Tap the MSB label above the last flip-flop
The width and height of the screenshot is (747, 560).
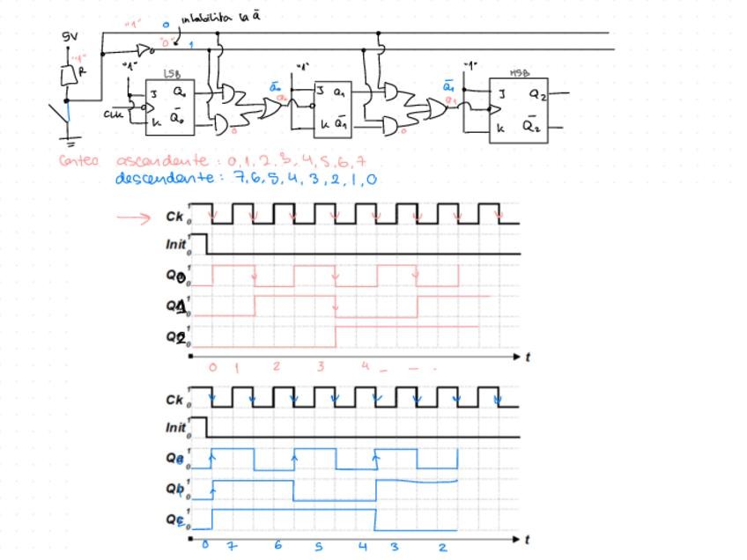519,73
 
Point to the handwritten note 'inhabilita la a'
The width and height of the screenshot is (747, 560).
220,17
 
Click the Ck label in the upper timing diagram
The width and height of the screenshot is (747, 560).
174,217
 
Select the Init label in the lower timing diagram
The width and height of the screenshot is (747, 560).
176,427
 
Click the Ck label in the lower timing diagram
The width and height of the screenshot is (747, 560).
174,400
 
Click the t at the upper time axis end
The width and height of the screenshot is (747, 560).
528,357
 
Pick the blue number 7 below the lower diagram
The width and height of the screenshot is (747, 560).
232,547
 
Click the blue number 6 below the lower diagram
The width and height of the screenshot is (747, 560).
277,546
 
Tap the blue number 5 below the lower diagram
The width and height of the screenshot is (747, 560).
319,547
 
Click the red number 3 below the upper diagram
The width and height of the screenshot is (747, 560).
321,366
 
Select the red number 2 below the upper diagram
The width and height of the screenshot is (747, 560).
276,365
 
